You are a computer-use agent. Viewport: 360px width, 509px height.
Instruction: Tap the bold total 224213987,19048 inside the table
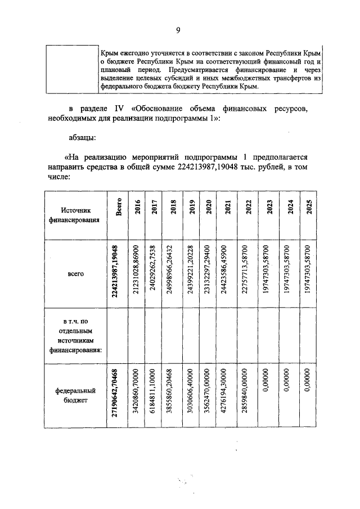pyautogui.click(x=115, y=272)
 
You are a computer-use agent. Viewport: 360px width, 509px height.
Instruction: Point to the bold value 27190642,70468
pyautogui.click(x=115, y=395)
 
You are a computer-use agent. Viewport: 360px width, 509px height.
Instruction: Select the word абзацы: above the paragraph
pyautogui.click(x=83, y=137)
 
